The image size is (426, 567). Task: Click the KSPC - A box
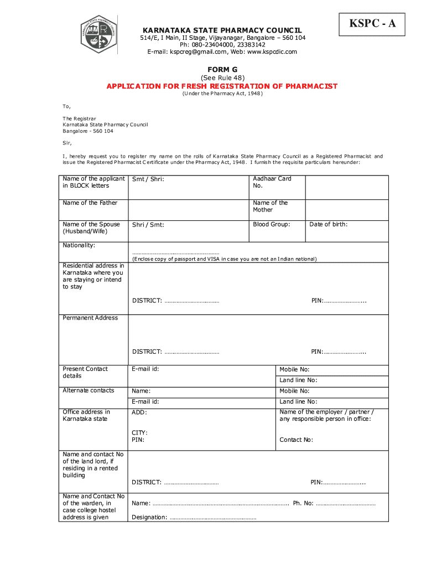[x=372, y=24]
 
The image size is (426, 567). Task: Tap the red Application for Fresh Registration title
[x=222, y=86]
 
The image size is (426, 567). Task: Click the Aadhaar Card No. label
[x=272, y=182]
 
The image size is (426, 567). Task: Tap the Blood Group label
[x=271, y=224]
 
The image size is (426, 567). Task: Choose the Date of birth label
[x=328, y=224]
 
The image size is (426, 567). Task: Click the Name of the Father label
[x=90, y=203]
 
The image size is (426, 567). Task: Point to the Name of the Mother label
[x=270, y=206]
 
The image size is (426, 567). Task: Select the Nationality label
[x=79, y=245]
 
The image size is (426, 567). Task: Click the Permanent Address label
[x=90, y=318]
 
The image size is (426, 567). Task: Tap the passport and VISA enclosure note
[x=224, y=259]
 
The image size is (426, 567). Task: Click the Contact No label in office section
[x=296, y=440]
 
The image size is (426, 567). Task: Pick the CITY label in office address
[x=139, y=432]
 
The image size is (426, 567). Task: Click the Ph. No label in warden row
[x=303, y=503]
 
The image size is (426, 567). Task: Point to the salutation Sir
[x=67, y=142]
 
